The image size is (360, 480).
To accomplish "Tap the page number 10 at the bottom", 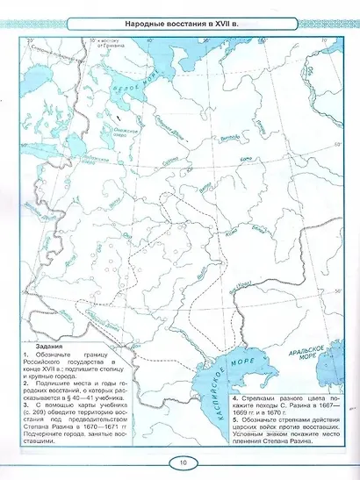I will pyautogui.click(x=179, y=462).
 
